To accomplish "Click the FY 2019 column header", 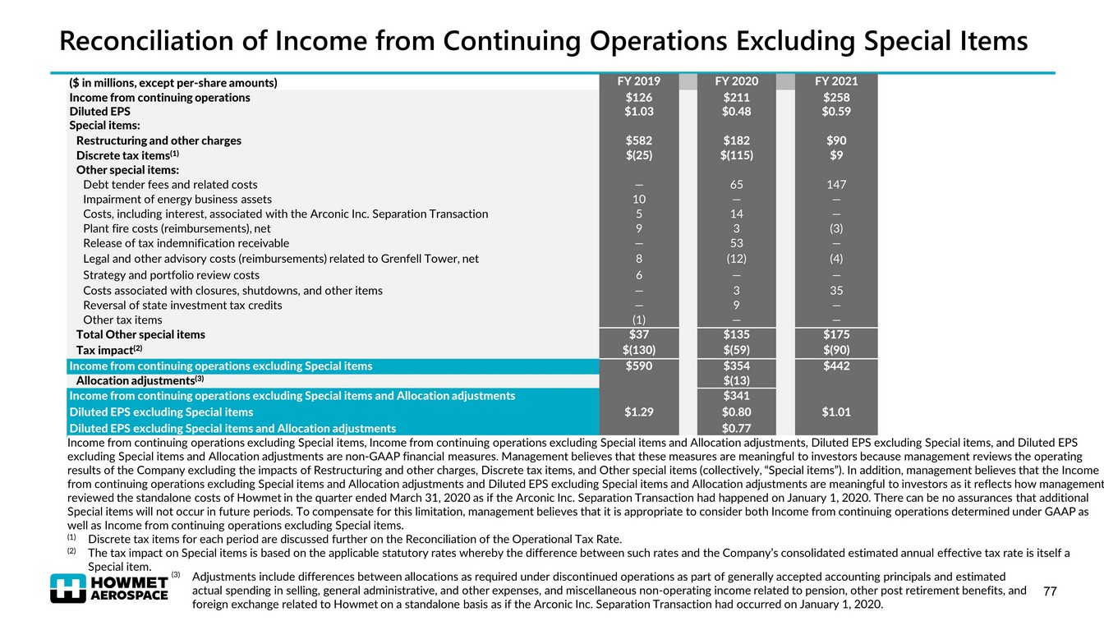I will pyautogui.click(x=638, y=81).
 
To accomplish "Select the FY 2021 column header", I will pyautogui.click(x=836, y=81).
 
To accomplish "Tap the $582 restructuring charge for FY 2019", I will pyautogui.click(x=638, y=140).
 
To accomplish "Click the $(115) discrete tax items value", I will pyautogui.click(x=737, y=155).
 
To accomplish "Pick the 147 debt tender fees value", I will pyautogui.click(x=836, y=185).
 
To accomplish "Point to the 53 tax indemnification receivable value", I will pyautogui.click(x=737, y=243).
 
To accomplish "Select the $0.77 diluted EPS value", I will pyautogui.click(x=737, y=428).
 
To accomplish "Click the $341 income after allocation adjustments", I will pyautogui.click(x=737, y=396).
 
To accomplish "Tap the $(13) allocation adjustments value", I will pyautogui.click(x=737, y=381).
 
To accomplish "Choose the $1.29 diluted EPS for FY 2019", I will pyautogui.click(x=638, y=412).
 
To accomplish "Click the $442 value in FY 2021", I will pyautogui.click(x=836, y=366).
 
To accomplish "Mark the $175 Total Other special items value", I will pyautogui.click(x=836, y=334).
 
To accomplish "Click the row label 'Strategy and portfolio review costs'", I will pyautogui.click(x=171, y=275).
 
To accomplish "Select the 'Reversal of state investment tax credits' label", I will pyautogui.click(x=182, y=305).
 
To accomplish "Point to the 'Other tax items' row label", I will pyautogui.click(x=122, y=320).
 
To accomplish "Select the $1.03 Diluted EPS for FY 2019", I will pyautogui.click(x=638, y=111).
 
